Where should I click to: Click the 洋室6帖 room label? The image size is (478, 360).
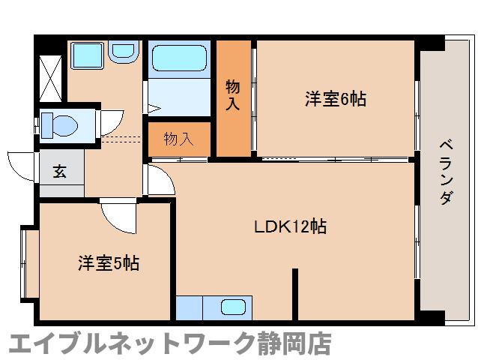pos(335,98)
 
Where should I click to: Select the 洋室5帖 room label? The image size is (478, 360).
pos(109,263)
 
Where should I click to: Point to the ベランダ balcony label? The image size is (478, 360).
pos(445,172)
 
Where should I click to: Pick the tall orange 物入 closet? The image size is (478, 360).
pos(233,97)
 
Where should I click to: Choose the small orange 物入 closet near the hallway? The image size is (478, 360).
pos(178,139)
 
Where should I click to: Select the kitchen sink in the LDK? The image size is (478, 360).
pos(233,307)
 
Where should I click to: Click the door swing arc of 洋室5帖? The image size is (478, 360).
pos(118,214)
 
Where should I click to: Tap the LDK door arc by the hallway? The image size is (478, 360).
pos(158,180)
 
